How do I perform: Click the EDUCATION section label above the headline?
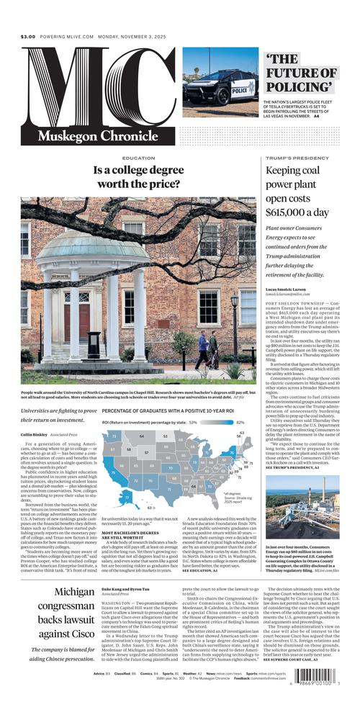point(138,158)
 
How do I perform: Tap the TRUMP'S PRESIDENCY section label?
point(293,158)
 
